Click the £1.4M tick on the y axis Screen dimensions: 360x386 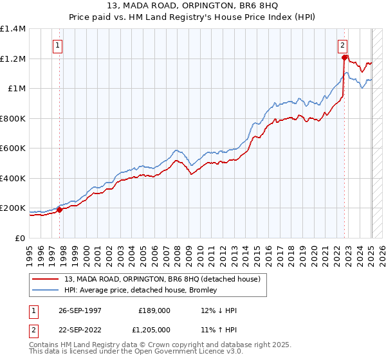click(x=13, y=29)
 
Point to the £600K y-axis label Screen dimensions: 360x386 click(x=13, y=148)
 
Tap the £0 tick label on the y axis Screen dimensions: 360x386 click(x=21, y=239)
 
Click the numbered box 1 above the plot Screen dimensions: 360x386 click(x=58, y=46)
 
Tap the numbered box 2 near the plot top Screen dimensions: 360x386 click(x=342, y=46)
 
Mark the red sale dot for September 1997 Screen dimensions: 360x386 click(x=60, y=210)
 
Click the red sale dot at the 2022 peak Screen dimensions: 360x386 click(x=345, y=58)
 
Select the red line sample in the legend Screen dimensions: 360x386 click(x=46, y=279)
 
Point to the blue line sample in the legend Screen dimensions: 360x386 click(x=46, y=291)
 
